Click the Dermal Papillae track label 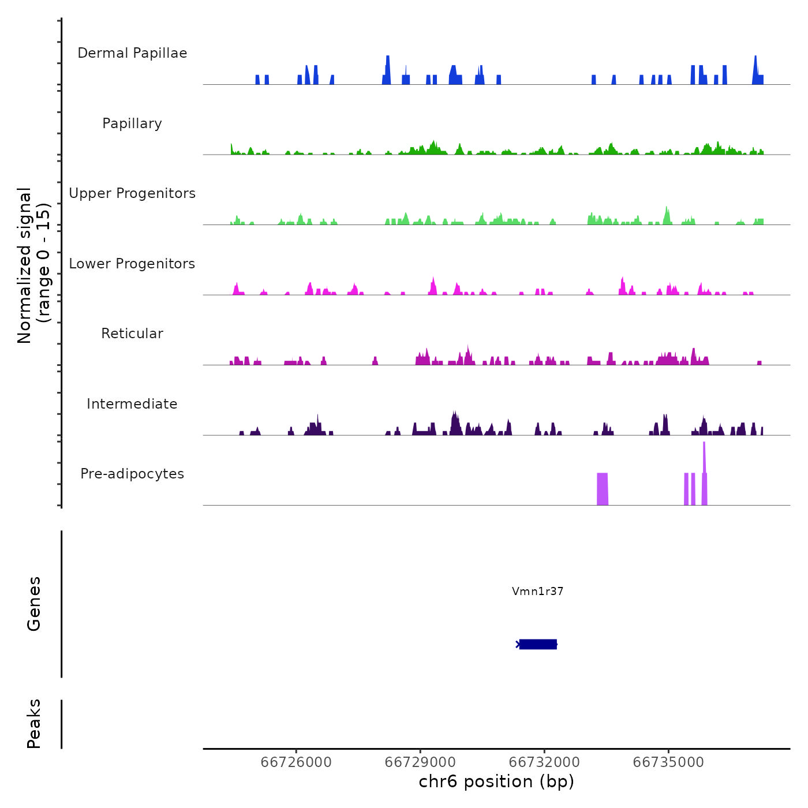click(x=132, y=53)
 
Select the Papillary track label click(x=132, y=124)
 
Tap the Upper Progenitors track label click(x=132, y=193)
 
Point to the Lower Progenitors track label click(x=132, y=264)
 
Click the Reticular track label click(x=132, y=334)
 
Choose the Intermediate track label click(x=132, y=404)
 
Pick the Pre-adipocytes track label click(x=132, y=474)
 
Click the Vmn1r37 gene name click(x=537, y=591)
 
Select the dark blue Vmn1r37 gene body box click(x=538, y=644)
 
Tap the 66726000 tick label click(x=296, y=762)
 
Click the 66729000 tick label click(x=420, y=762)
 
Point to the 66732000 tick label click(x=544, y=762)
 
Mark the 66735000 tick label click(x=668, y=762)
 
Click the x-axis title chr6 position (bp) click(x=496, y=781)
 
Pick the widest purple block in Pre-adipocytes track click(x=602, y=489)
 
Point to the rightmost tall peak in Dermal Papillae click(x=755, y=69)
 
